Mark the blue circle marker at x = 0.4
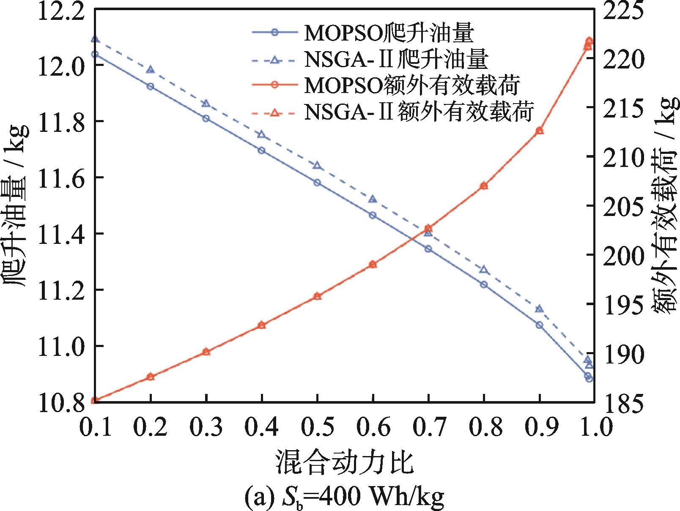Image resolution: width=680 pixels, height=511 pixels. click(261, 150)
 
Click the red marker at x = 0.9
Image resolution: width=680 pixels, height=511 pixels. click(539, 131)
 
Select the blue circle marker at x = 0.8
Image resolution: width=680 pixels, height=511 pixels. click(484, 284)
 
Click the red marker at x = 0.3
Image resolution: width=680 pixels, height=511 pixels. click(206, 352)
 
